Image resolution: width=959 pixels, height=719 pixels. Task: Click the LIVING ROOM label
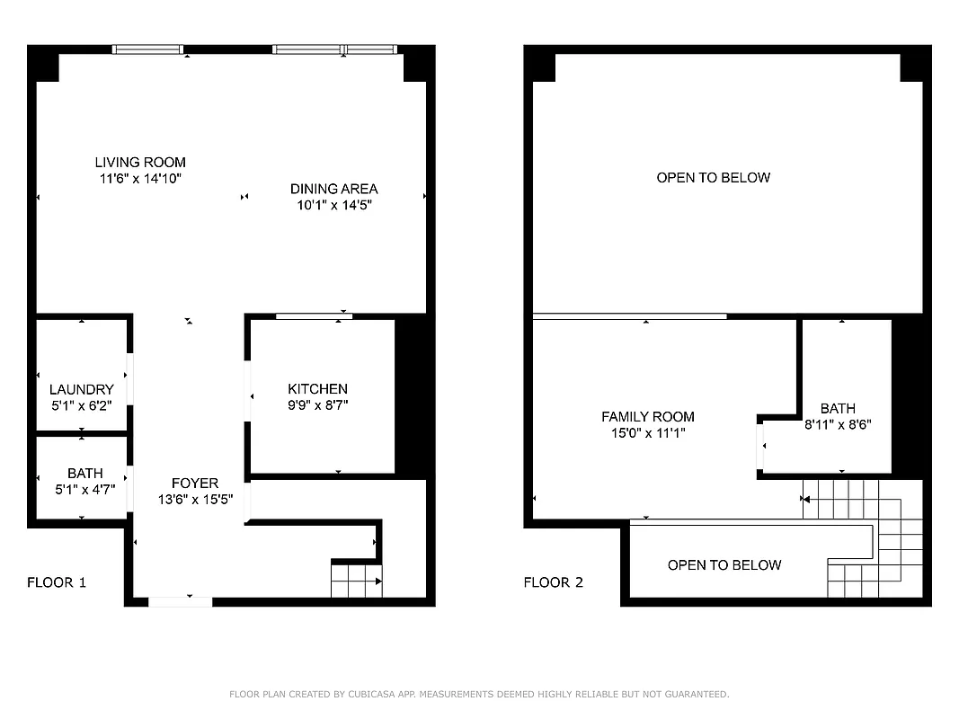point(140,163)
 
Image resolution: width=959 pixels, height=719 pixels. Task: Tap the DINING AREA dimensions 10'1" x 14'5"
point(333,205)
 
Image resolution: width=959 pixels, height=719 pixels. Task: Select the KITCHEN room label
point(317,389)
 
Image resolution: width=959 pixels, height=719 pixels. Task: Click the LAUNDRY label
point(81,390)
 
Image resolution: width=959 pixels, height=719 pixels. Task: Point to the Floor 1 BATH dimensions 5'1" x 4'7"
point(84,489)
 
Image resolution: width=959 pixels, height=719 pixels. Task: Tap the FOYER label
point(194,484)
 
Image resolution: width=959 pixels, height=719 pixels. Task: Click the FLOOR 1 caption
point(57,582)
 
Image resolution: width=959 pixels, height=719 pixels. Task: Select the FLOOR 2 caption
point(554,582)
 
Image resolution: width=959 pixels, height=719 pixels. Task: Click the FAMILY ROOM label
point(647,417)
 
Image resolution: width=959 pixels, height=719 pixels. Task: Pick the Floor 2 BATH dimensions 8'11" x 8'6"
point(837,424)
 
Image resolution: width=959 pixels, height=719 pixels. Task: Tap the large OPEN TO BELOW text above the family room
point(713,178)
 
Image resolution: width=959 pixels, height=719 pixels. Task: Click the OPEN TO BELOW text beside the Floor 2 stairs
point(724,565)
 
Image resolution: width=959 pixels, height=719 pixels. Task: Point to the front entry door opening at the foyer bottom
point(181,601)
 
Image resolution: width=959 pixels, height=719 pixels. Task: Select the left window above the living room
point(147,49)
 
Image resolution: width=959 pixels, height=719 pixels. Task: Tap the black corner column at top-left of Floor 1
point(42,64)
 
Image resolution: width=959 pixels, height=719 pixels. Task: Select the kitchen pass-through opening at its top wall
point(313,316)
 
